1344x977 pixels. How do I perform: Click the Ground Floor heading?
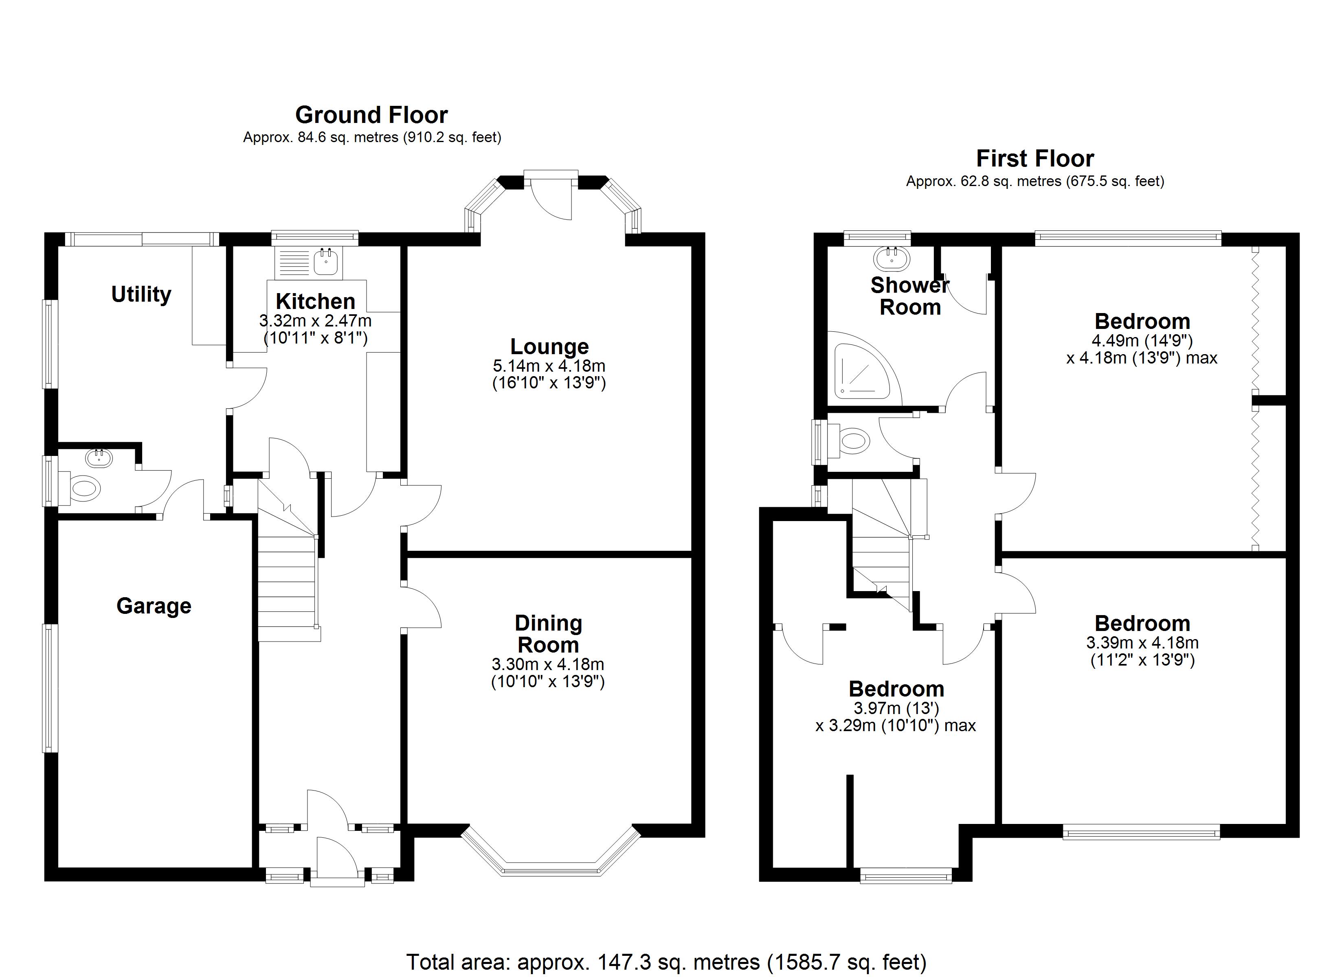click(371, 114)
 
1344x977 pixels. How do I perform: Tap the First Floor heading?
click(1034, 159)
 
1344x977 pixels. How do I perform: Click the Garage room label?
click(154, 606)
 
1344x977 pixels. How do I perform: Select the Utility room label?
click(141, 294)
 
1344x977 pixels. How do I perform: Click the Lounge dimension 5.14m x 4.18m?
click(549, 366)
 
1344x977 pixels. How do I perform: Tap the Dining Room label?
click(548, 633)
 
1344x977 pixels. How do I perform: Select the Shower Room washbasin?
click(891, 257)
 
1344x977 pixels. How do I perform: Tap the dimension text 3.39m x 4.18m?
click(1142, 642)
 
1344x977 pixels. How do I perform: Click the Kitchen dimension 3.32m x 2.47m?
click(315, 321)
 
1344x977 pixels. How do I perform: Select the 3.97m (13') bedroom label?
click(896, 708)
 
